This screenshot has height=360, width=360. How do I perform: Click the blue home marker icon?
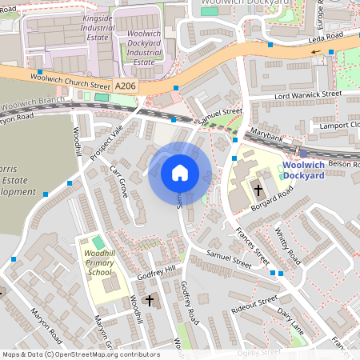(x=180, y=173)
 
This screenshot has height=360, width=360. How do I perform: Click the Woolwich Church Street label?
(x=71, y=80)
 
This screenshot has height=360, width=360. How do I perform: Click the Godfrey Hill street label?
(x=156, y=271)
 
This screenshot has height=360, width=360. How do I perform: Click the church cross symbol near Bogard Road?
(x=258, y=190)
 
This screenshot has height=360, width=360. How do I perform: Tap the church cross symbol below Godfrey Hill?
(x=149, y=301)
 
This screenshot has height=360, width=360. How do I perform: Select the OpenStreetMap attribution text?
(x=81, y=354)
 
